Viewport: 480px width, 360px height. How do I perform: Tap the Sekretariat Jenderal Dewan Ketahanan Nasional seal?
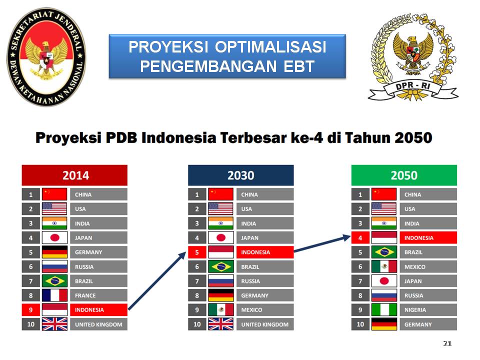(46, 57)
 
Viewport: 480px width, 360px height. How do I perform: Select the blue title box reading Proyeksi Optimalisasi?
(227, 56)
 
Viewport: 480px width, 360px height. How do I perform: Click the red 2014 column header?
(74, 175)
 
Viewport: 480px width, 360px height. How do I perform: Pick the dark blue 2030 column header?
(241, 175)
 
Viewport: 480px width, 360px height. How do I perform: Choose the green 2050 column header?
(404, 175)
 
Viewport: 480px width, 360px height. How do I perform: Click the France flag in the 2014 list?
(54, 295)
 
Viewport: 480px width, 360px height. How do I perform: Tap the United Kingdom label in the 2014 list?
(98, 324)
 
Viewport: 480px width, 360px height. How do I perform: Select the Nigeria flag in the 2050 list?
(384, 310)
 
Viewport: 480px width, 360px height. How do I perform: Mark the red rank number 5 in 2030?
(197, 252)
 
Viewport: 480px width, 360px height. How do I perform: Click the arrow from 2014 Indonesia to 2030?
(157, 280)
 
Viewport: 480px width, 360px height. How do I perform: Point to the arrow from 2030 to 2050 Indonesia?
(322, 243)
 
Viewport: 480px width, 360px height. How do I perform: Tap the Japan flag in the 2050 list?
(384, 281)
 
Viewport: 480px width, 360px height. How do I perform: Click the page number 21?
(447, 343)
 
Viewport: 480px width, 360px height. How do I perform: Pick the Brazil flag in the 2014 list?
(54, 281)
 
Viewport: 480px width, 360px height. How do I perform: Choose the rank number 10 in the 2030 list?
(197, 324)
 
